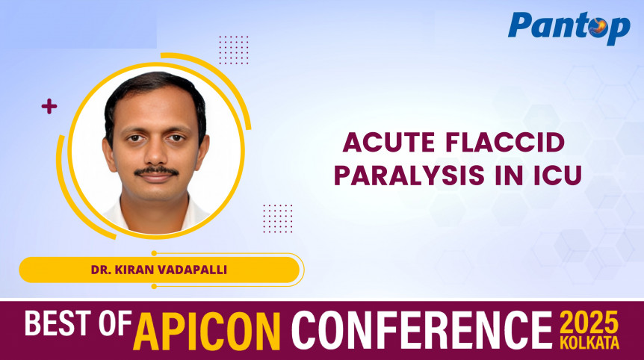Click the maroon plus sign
click(49, 107)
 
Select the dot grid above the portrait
click(234, 50)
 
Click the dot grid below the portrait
click(278, 218)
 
